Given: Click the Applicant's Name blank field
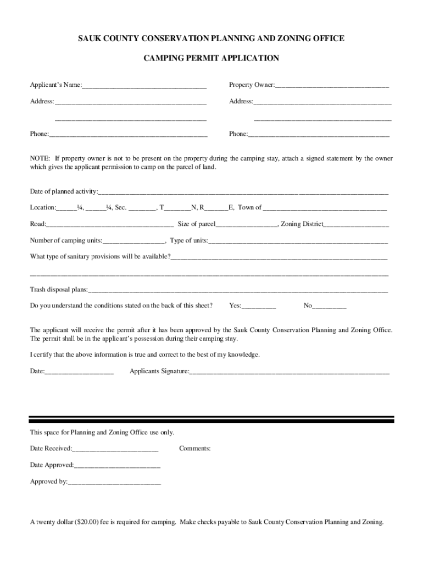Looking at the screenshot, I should (x=144, y=85).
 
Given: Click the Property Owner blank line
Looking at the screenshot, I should (x=332, y=85).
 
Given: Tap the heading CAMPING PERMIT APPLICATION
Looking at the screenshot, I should (x=211, y=58).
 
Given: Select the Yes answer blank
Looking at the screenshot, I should (x=259, y=306).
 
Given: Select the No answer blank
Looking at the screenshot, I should (x=329, y=306).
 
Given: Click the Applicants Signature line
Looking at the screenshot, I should (x=289, y=372).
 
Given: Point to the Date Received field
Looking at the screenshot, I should (x=115, y=449).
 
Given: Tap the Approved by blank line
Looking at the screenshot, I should (x=114, y=482).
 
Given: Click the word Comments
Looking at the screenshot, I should (x=194, y=449).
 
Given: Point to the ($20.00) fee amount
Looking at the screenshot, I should (x=87, y=522).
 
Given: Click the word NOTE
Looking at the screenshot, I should (x=40, y=158).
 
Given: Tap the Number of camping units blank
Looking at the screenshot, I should (x=133, y=241).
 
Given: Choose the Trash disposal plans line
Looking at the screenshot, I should (x=238, y=290).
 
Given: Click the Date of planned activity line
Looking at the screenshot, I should (x=243, y=192).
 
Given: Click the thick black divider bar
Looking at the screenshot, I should (x=211, y=419).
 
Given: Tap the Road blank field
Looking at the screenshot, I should (x=110, y=224).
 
